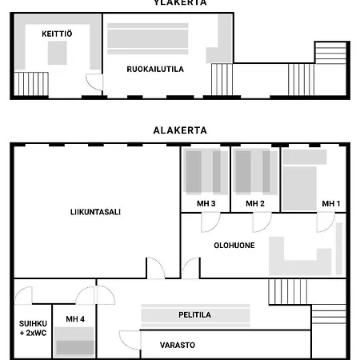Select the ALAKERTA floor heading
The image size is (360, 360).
(180, 130)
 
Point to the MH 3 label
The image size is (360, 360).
(206, 204)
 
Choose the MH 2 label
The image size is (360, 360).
(255, 204)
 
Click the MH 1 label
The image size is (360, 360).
(331, 204)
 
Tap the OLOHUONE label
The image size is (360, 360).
(234, 246)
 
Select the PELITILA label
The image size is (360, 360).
(194, 315)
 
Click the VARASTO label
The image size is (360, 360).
(177, 346)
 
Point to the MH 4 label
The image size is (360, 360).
(75, 320)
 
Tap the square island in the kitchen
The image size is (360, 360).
(57, 54)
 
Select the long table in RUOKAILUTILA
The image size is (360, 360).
(149, 38)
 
